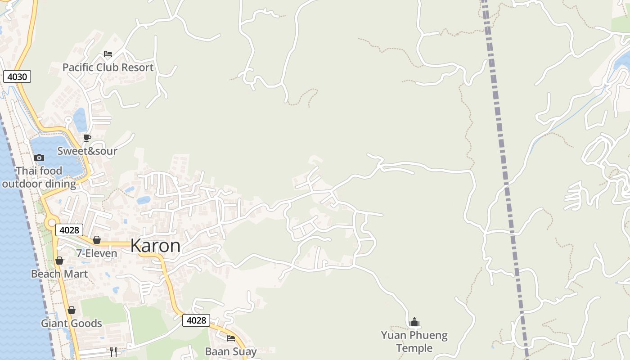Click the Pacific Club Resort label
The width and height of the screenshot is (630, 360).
108,67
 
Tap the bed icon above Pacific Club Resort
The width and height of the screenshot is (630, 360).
108,54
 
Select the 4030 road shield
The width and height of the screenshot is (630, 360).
17,76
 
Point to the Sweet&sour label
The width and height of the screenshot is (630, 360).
87,151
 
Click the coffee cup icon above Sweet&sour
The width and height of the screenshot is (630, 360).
87,138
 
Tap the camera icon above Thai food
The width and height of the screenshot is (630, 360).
39,157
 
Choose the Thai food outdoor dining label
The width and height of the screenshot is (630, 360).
39,177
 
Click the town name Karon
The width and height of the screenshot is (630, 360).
155,246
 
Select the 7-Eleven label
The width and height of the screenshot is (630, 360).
96,253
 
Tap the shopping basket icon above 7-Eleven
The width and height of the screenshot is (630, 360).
96,240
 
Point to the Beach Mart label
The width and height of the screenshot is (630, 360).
59,274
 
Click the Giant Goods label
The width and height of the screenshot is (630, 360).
72,323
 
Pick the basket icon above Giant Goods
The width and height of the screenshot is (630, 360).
71,310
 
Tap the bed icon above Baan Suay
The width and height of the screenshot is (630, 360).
231,338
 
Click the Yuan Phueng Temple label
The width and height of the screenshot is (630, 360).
414,342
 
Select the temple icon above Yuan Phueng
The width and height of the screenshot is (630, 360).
414,322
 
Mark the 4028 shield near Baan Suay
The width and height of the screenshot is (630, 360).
196,320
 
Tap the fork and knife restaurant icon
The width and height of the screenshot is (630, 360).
113,351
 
